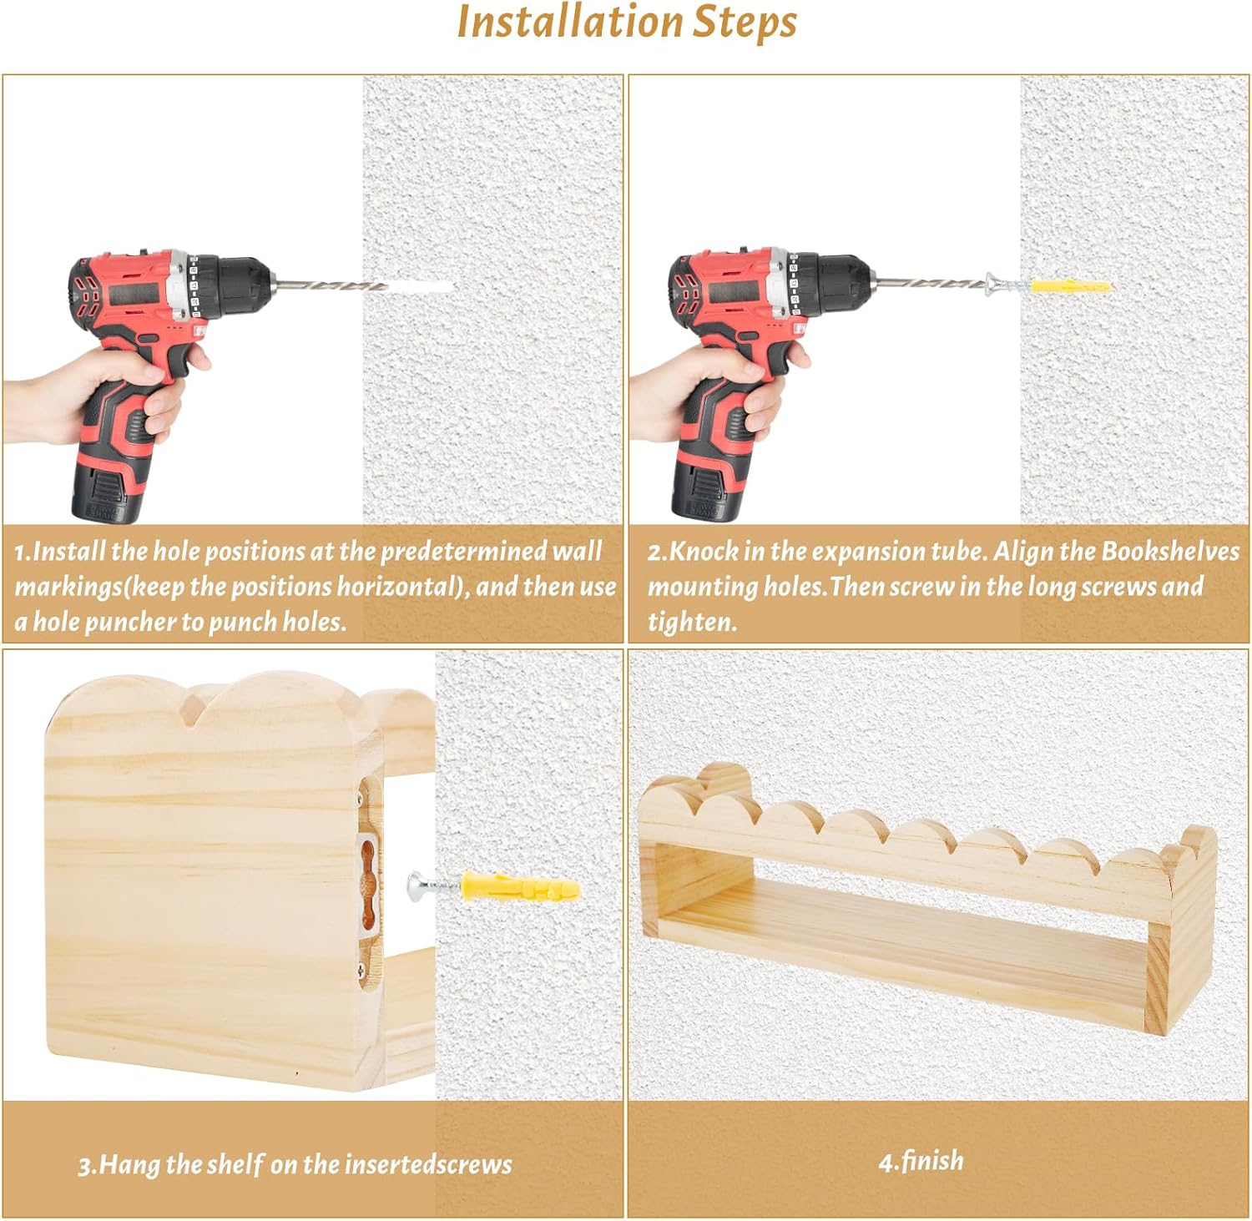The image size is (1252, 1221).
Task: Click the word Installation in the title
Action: pos(570,22)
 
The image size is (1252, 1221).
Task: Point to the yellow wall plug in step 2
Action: pos(1071,286)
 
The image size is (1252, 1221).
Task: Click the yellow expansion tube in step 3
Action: pos(519,885)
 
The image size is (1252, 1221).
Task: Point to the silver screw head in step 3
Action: pos(416,885)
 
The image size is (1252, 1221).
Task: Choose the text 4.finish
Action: pos(921,1161)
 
